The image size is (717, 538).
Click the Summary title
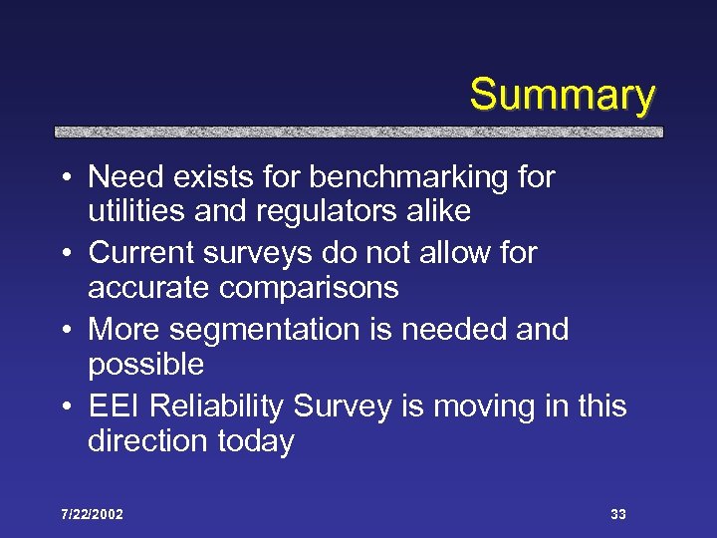562,96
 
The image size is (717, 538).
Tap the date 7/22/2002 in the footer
91,514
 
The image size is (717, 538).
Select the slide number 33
618,514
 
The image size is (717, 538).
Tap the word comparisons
304,289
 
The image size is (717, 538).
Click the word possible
145,365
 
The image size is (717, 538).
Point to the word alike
436,212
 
